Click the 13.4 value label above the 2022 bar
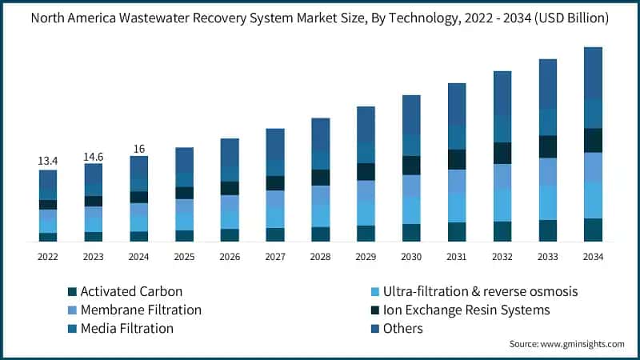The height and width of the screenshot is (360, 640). [x=48, y=161]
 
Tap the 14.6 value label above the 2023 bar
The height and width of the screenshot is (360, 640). [x=94, y=157]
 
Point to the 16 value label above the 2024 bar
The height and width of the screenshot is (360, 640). [x=139, y=149]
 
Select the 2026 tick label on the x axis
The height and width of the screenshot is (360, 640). [x=230, y=257]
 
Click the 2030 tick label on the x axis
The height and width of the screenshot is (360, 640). [x=411, y=257]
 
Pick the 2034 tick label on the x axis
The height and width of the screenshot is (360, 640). [x=593, y=257]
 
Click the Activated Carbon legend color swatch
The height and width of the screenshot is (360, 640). [x=74, y=292]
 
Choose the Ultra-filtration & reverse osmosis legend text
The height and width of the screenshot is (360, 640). [x=480, y=292]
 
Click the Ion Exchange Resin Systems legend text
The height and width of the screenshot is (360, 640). [x=466, y=310]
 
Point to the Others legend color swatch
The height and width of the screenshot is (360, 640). [x=373, y=329]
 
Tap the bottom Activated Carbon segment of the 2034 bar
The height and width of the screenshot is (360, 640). [x=593, y=230]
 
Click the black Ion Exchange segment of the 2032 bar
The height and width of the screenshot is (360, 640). [x=502, y=153]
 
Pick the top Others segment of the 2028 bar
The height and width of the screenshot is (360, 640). [x=321, y=133]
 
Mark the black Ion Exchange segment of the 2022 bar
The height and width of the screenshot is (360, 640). [x=48, y=205]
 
